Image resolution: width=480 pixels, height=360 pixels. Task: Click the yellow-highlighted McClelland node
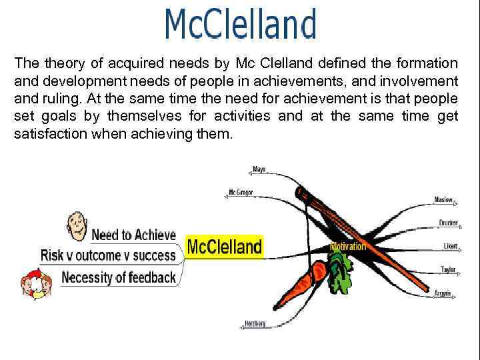pos(224,247)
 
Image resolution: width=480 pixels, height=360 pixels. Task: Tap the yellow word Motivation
pos(348,247)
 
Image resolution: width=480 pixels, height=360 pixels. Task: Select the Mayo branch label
pos(259,169)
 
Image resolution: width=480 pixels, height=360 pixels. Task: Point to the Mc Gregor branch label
pos(241,192)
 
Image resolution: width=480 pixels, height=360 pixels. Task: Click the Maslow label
pos(443,199)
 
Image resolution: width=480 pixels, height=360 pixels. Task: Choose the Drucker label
pos(448,223)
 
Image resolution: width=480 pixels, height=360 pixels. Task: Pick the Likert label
pos(451,246)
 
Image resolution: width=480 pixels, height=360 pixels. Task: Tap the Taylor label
pos(448,269)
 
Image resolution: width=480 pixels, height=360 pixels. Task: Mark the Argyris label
pos(443,293)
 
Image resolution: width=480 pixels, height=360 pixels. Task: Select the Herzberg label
pos(255,323)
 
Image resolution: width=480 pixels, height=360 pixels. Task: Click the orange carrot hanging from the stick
pos(308,279)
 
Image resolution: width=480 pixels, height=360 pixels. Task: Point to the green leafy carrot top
pos(340,273)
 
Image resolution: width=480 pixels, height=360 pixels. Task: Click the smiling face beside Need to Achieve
pos(77,227)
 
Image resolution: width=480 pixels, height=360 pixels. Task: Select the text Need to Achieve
pos(133,235)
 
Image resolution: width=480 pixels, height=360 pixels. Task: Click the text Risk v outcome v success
pos(108,255)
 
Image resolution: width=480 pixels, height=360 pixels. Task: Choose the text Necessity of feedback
pos(119,277)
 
